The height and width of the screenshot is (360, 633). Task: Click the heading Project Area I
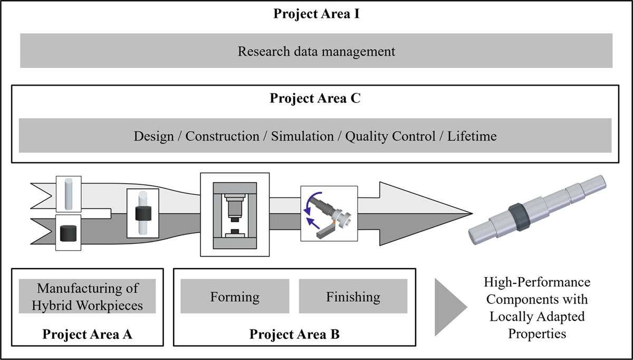[316, 14]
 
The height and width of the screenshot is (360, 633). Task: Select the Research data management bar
[316, 51]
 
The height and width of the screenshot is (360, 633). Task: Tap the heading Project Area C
[315, 98]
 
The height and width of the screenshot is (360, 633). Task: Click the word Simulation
[302, 136]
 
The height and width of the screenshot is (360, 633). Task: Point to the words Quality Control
[390, 137]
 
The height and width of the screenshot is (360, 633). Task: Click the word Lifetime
[472, 136]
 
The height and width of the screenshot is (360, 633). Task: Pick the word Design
[154, 137]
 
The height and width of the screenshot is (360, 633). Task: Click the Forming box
[235, 296]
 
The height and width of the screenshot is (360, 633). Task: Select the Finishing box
[353, 296]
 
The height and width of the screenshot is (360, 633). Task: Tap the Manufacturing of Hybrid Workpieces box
[87, 296]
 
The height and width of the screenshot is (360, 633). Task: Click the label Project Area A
[87, 334]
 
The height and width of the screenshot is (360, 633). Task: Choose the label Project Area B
[294, 334]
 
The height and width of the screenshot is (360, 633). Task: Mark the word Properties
[537, 334]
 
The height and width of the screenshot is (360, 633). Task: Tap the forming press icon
[235, 215]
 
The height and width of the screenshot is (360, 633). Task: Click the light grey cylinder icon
[69, 194]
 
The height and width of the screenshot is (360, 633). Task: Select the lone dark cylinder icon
[68, 233]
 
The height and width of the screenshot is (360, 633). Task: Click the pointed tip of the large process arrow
[473, 213]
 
